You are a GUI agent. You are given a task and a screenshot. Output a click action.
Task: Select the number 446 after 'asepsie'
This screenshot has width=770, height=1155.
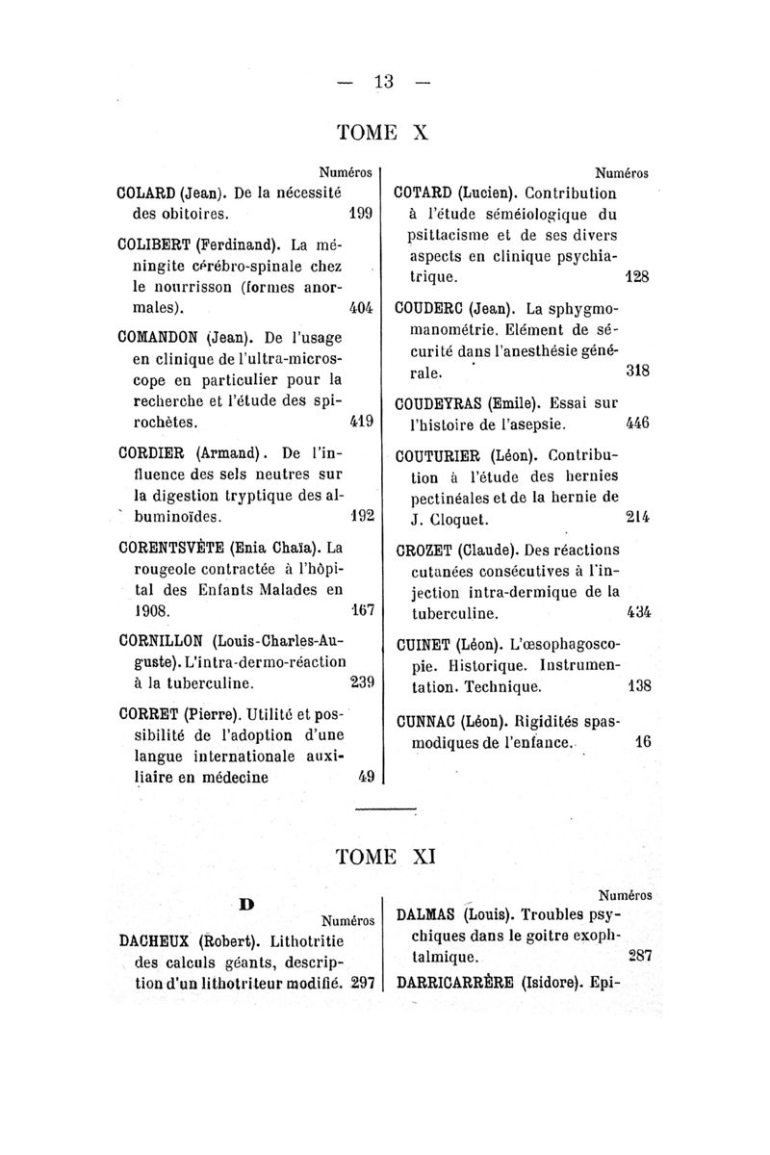click(636, 422)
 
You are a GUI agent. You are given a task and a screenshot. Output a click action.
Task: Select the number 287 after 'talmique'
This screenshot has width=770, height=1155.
click(639, 958)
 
